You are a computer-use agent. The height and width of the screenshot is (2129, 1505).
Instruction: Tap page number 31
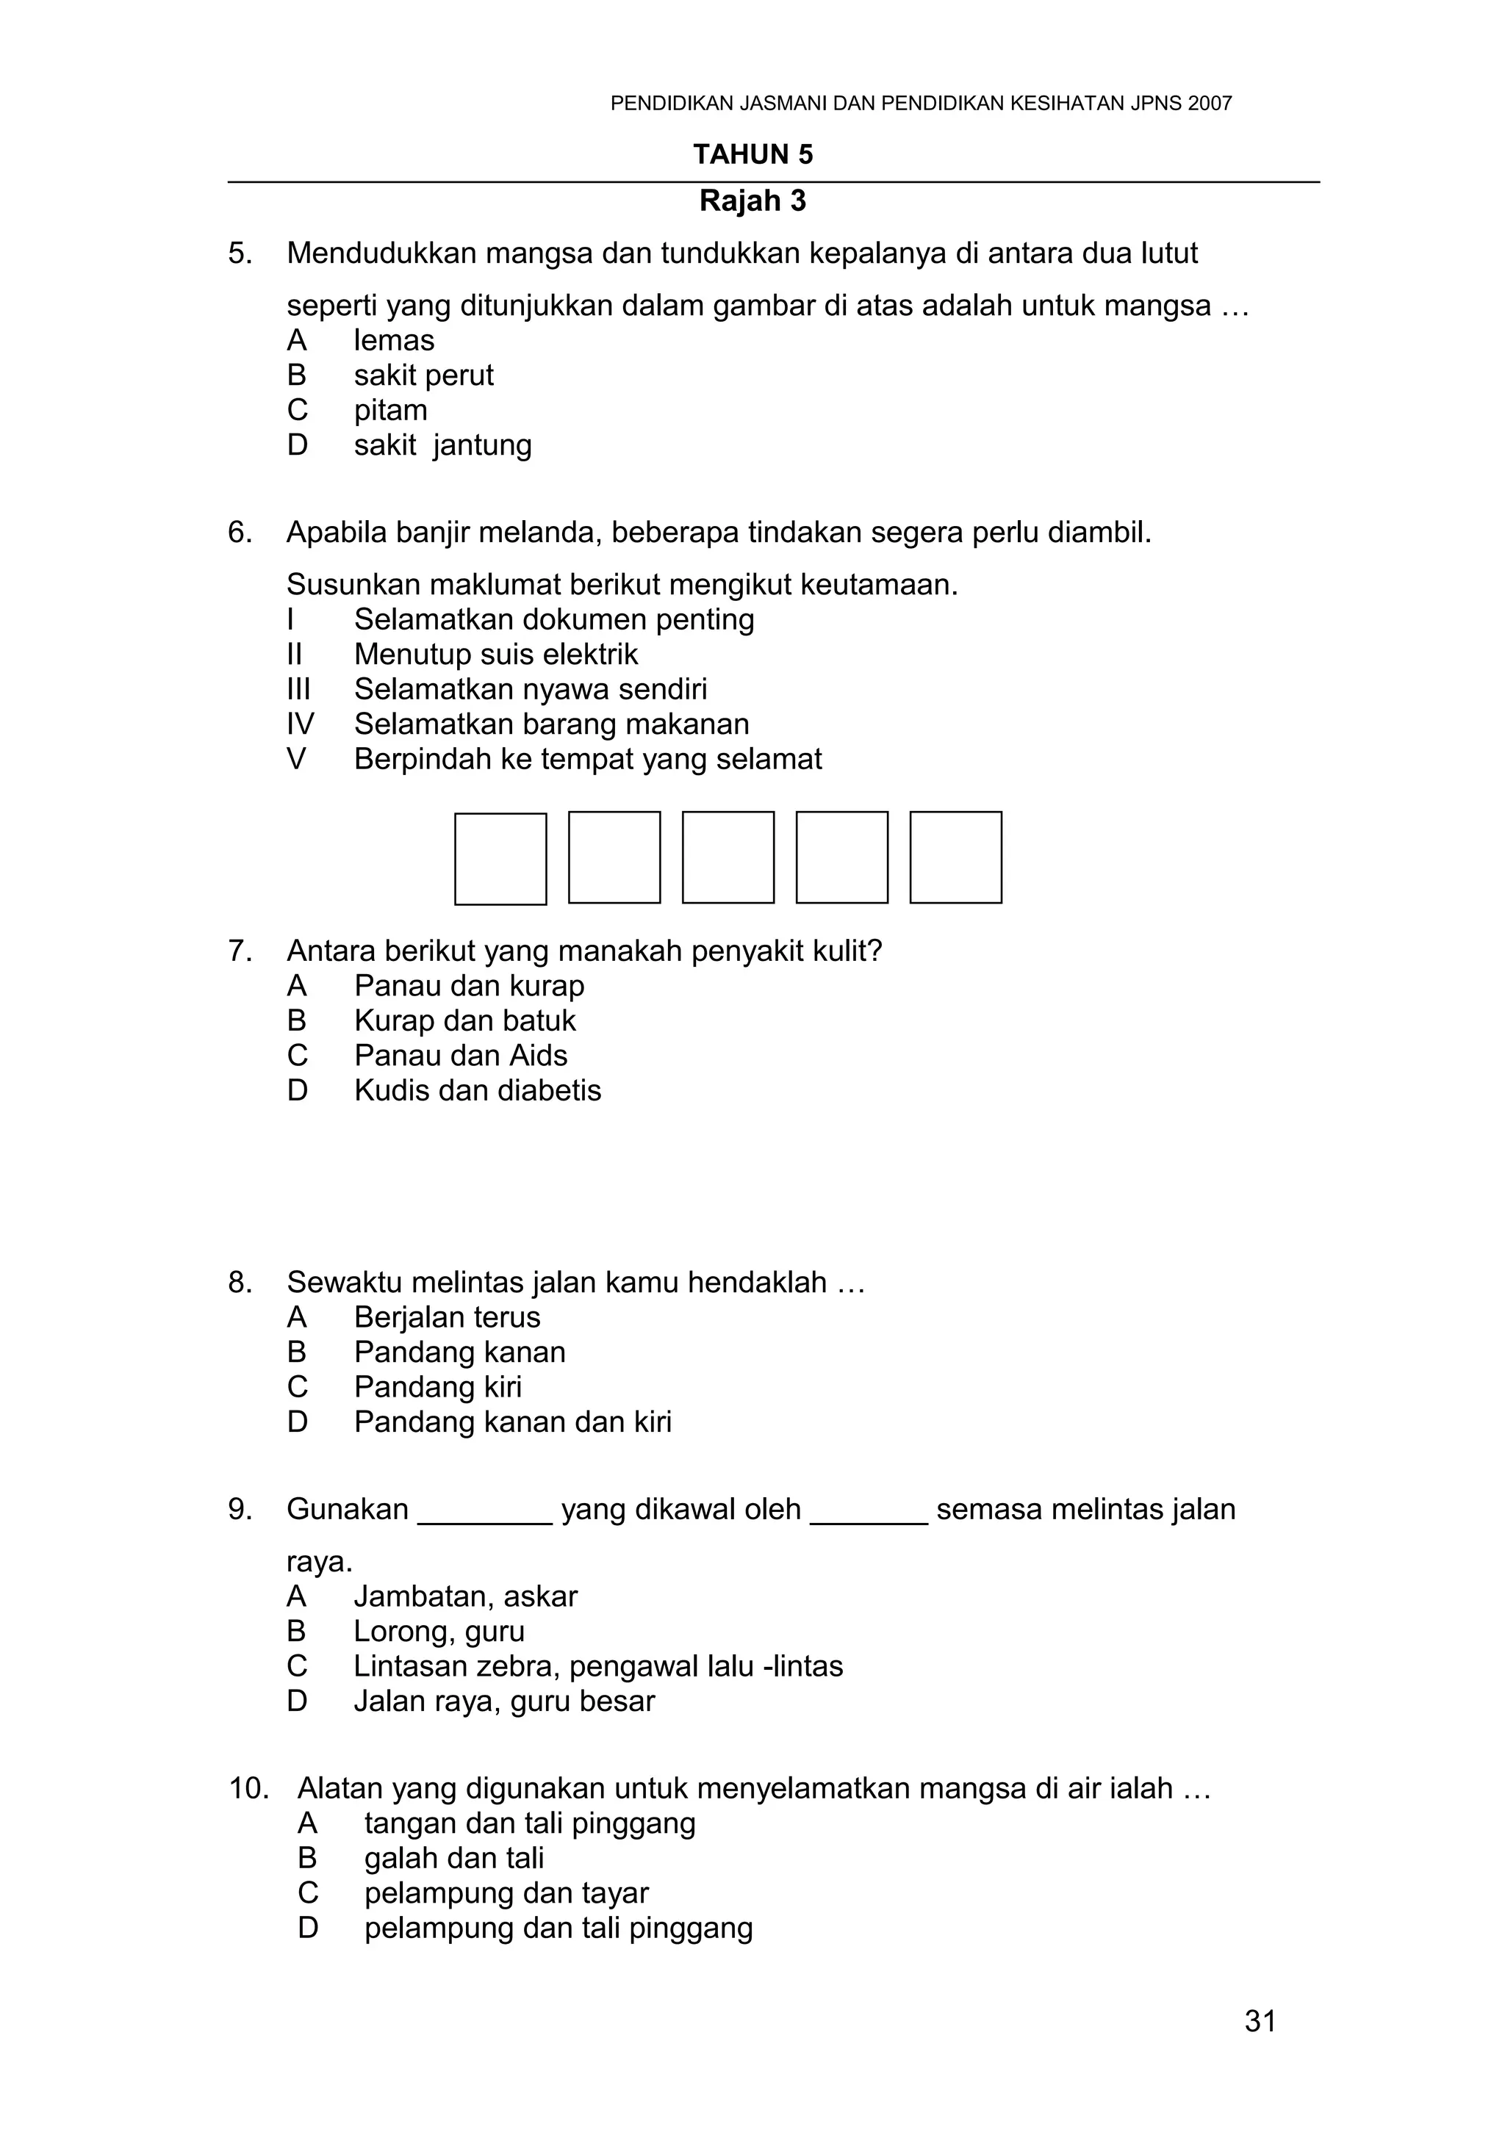pyautogui.click(x=1260, y=2020)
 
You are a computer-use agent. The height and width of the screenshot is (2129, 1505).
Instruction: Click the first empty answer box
pyautogui.click(x=500, y=859)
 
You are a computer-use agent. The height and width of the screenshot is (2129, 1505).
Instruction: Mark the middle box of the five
pyautogui.click(x=728, y=858)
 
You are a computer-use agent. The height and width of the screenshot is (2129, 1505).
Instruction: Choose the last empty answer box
pyautogui.click(x=955, y=858)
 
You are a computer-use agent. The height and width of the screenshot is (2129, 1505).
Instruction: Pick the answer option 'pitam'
pyautogui.click(x=390, y=410)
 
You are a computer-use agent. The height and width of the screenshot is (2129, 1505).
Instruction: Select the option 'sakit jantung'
pyautogui.click(x=442, y=445)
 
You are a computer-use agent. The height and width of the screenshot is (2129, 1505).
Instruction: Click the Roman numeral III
pyautogui.click(x=298, y=689)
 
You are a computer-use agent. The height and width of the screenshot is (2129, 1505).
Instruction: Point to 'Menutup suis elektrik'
pyautogui.click(x=496, y=655)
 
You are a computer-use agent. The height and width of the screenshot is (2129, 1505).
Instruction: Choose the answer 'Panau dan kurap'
pyautogui.click(x=470, y=986)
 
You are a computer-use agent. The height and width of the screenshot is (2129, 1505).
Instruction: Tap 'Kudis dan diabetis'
pyautogui.click(x=478, y=1090)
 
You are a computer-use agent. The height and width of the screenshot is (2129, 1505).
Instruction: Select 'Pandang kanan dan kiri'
pyautogui.click(x=513, y=1422)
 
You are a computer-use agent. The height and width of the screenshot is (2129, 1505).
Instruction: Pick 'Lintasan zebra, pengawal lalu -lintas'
pyautogui.click(x=598, y=1666)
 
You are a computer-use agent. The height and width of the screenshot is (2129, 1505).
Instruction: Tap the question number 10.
pyautogui.click(x=248, y=1789)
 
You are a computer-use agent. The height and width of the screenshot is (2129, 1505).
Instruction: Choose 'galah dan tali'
pyautogui.click(x=454, y=1858)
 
